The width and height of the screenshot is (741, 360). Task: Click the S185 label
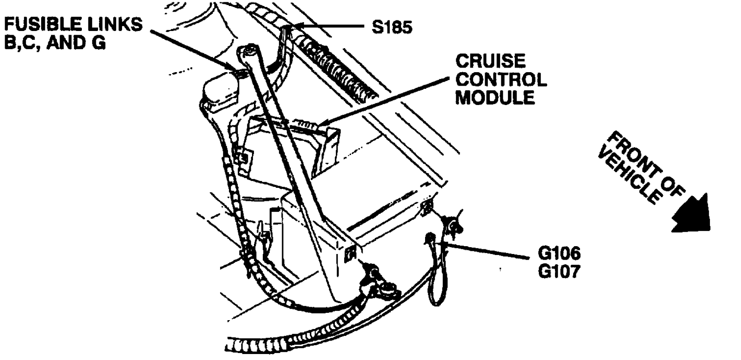coord(391,28)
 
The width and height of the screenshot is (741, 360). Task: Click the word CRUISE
coord(491,62)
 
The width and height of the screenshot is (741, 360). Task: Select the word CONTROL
coord(501,80)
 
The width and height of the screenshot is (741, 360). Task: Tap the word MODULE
coord(495,98)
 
